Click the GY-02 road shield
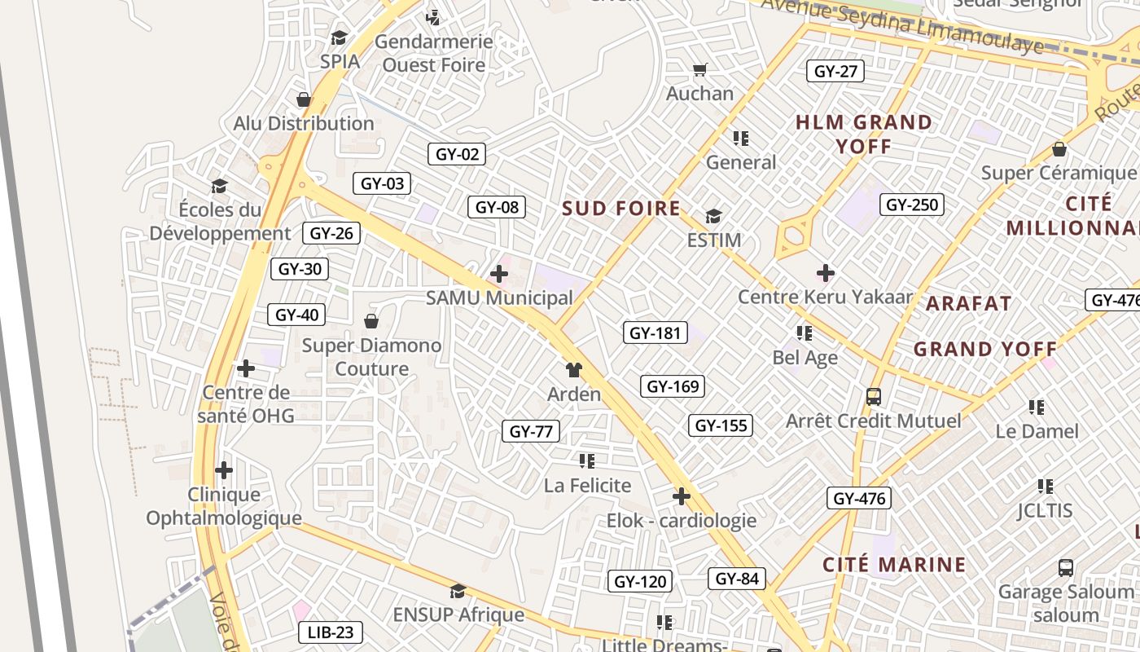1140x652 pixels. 457,154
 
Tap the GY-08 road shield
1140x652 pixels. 497,207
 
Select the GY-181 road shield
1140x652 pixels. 655,333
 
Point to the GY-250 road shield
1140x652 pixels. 912,205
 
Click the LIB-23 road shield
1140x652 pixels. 331,632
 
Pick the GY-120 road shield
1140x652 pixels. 640,581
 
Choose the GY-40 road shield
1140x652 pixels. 296,315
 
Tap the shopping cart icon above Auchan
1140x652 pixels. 699,70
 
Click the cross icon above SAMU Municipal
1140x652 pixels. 499,274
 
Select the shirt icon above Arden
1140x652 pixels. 574,370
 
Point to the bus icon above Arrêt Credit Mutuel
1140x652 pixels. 874,397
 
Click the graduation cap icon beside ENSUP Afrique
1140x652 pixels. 458,591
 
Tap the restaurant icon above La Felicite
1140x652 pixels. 587,461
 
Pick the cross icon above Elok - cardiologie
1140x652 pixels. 682,496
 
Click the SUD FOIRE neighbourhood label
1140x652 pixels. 621,209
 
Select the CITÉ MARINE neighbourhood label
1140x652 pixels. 894,565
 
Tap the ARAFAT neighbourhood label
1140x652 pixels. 969,304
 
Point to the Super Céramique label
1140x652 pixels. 1058,173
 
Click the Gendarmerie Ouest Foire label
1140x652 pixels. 434,53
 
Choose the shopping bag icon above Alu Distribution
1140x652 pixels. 304,99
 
